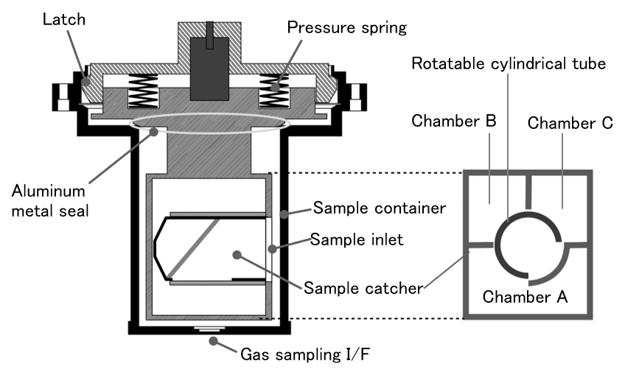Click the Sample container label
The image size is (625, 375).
click(378, 208)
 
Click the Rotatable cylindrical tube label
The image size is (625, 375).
click(509, 64)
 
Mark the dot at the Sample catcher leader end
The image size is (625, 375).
click(237, 255)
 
